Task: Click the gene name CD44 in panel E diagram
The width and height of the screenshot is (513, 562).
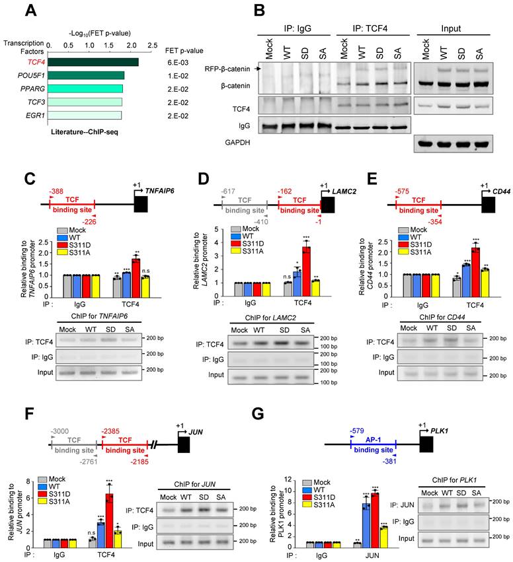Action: click(x=500, y=189)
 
